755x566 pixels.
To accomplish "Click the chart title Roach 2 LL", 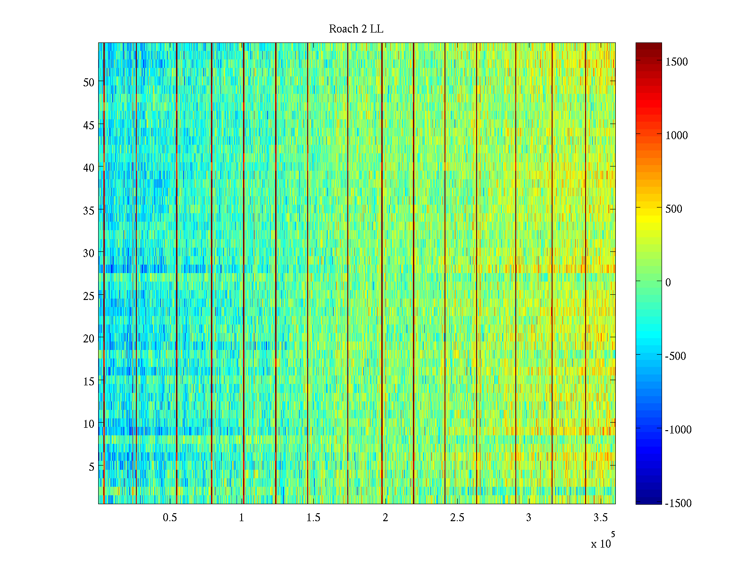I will tap(356, 29).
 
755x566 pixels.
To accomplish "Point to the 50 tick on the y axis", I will tap(89, 82).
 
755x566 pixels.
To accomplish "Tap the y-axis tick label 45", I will tap(89, 125).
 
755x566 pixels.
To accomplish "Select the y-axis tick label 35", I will tap(89, 210).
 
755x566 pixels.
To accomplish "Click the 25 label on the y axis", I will tap(89, 296).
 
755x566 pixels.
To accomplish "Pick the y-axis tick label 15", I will tap(89, 381).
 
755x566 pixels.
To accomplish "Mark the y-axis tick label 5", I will tap(92, 466).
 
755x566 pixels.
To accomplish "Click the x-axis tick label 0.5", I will tap(170, 518).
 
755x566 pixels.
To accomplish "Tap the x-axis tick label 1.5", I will tap(313, 518).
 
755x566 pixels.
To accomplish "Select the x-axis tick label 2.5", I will tap(457, 518).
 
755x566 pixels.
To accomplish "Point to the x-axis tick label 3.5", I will tap(600, 518).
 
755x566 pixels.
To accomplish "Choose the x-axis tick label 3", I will tap(528, 518).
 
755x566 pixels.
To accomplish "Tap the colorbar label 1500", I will tap(676, 62).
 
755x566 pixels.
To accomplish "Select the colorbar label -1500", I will tap(678, 503).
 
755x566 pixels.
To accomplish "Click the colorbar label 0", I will tap(668, 283).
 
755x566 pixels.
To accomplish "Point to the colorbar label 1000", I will tap(676, 135).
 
